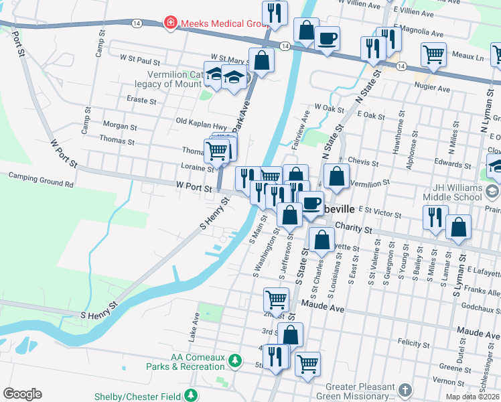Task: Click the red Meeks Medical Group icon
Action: pos(170,23)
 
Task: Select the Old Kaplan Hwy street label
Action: pos(201,121)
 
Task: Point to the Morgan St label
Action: pos(120,126)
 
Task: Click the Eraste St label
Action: pos(141,100)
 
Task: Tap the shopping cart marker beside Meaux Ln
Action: pos(433,54)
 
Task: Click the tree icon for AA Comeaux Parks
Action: pos(235,362)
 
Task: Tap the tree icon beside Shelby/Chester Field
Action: pos(192,396)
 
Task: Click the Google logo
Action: pos(22,394)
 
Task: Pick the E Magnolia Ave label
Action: pos(419,32)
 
